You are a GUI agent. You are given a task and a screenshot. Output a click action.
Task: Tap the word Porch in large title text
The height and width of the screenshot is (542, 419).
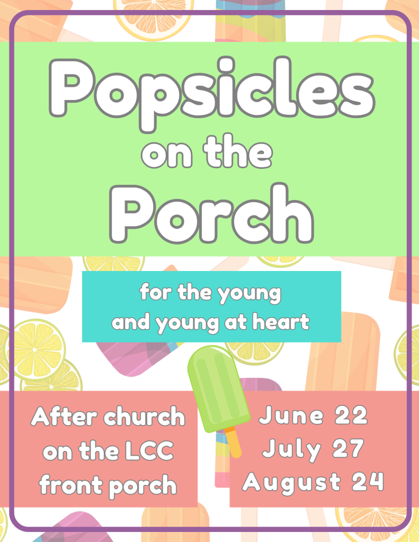point(211,213)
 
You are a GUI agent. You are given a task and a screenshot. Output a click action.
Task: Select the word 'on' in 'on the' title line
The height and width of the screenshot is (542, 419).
point(167,155)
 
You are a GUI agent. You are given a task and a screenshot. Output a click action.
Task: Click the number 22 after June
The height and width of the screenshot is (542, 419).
point(351,415)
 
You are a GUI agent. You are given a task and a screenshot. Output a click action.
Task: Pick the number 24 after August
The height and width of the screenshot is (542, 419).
point(368,482)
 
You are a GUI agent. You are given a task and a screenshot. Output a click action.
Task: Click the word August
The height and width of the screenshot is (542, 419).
point(292,483)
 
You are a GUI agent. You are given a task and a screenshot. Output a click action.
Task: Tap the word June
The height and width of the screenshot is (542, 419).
point(291,415)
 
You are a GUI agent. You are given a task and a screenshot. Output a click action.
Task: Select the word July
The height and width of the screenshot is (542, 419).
point(292,450)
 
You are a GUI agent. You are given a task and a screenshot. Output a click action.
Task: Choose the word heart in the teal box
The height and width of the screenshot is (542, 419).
point(281,322)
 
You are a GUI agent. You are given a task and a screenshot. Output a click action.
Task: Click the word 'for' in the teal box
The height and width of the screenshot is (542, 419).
point(156,292)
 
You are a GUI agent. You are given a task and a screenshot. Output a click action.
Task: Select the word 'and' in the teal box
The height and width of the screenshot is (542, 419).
point(131,322)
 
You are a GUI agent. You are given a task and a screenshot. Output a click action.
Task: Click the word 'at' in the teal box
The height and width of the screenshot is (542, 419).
point(236,322)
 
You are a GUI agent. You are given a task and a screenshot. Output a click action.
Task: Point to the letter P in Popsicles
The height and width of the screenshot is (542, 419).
point(71,88)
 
